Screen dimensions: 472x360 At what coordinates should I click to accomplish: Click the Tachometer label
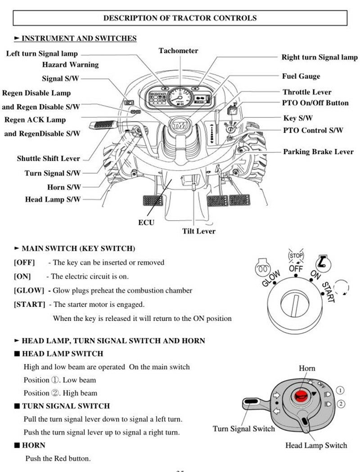(x=178, y=51)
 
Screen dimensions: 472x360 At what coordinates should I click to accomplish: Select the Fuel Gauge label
(x=301, y=76)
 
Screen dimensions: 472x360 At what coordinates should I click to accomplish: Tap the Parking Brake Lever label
(x=318, y=152)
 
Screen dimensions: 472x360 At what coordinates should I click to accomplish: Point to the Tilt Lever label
(x=198, y=231)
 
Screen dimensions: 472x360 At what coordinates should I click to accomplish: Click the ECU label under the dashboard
(x=146, y=222)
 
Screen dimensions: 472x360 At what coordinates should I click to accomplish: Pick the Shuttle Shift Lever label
(x=49, y=159)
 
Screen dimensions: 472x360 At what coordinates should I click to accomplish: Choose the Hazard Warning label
(x=70, y=65)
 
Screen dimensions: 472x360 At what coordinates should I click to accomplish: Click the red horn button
(x=300, y=396)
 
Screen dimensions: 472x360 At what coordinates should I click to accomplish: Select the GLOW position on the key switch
(x=271, y=279)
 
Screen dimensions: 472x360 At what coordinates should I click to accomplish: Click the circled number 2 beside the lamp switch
(x=341, y=404)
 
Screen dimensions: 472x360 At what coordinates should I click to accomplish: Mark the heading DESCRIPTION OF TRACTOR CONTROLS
(x=180, y=18)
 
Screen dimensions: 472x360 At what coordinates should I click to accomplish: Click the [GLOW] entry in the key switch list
(x=29, y=290)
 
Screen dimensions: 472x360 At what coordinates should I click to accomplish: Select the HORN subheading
(x=34, y=445)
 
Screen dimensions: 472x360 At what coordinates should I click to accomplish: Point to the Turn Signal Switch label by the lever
(x=243, y=428)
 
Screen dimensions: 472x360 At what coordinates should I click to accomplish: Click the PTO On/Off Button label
(x=315, y=103)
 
